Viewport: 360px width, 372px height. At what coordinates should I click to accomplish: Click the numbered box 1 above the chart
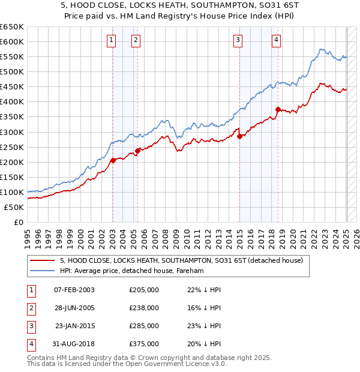[x=112, y=40]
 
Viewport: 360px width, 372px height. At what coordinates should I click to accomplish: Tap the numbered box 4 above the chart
[x=277, y=40]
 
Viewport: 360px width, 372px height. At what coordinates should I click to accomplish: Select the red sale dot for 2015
[x=239, y=136]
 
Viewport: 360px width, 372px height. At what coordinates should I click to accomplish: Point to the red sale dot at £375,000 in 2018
[x=278, y=109]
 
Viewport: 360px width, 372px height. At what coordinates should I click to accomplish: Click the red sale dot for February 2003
[x=113, y=160]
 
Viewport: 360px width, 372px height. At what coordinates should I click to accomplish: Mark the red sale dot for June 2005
[x=137, y=151]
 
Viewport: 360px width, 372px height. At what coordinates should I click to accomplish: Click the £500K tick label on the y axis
[x=12, y=71]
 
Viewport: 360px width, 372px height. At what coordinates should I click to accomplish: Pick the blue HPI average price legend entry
[x=132, y=271]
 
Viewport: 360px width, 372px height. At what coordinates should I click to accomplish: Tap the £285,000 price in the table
[x=144, y=326]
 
